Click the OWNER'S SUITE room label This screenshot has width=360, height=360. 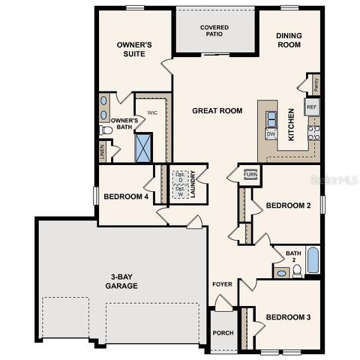point(134,49)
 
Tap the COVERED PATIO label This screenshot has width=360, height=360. point(214,31)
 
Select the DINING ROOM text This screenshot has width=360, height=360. point(289,40)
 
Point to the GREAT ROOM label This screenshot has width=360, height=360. point(217,111)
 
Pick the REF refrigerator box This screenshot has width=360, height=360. point(311,107)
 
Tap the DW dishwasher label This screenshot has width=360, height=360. point(271,133)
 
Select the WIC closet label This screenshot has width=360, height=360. point(151,112)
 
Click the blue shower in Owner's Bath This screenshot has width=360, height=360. point(144,147)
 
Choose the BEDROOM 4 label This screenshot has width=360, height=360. point(125,196)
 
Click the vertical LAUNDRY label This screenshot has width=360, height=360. point(193,183)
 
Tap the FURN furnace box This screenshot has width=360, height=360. point(250,175)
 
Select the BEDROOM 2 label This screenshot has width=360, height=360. point(288,205)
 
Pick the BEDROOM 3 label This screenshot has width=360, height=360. point(288,316)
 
